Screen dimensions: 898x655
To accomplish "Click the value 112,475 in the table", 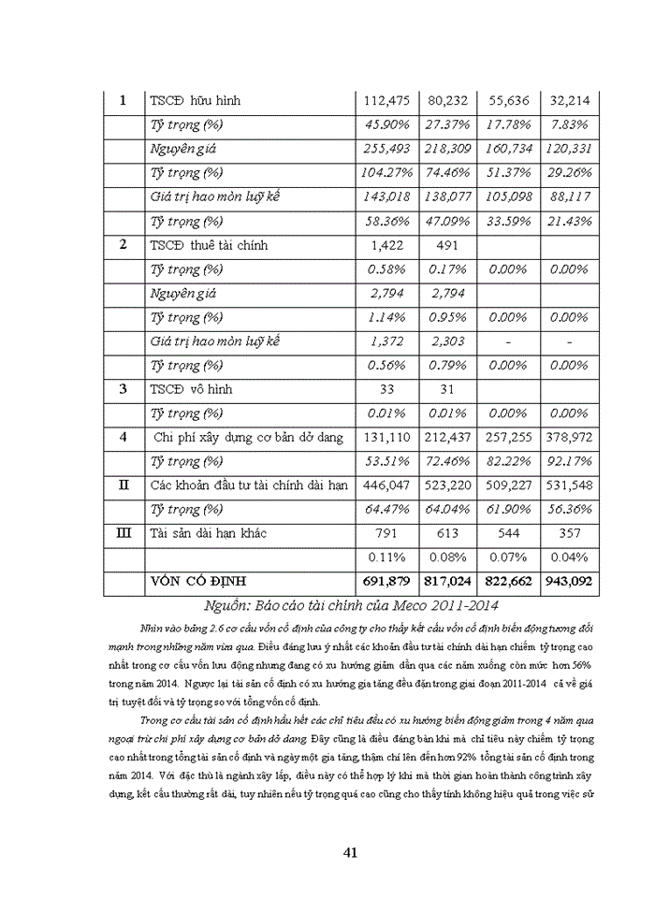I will pos(385,101).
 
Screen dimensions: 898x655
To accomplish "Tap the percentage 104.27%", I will pos(385,173).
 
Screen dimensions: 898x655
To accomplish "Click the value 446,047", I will pos(385,485).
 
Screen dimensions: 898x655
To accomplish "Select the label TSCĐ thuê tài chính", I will pos(209,245).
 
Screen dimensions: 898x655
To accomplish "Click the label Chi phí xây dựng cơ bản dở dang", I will pos(248,437).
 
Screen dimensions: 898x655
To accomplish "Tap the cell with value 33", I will pos(385,389).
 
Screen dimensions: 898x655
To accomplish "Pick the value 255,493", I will pos(385,150).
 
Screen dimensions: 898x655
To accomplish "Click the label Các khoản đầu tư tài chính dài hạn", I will pos(249,485).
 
